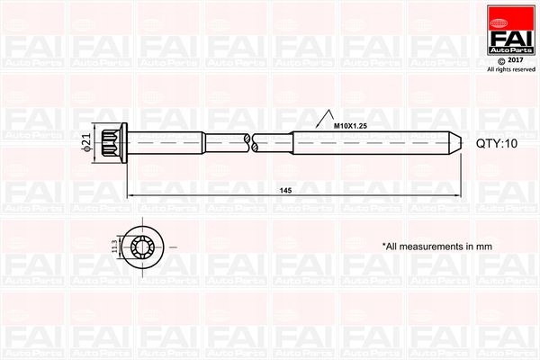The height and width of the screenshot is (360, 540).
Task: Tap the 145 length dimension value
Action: pyautogui.click(x=286, y=190)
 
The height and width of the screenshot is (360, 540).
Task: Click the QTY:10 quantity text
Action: pyautogui.click(x=495, y=143)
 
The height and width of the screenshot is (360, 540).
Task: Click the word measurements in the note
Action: pyautogui.click(x=424, y=245)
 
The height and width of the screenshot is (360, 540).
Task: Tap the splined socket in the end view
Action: pyautogui.click(x=143, y=245)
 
